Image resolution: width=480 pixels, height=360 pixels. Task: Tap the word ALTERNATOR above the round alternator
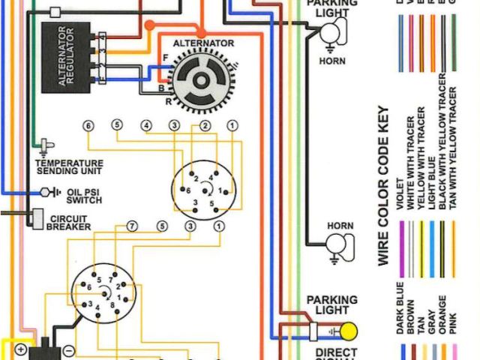tap(203, 43)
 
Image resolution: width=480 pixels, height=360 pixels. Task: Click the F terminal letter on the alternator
tap(165, 58)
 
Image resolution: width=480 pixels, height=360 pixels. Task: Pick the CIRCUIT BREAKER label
tap(70, 223)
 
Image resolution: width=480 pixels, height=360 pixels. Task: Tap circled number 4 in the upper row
tap(146, 125)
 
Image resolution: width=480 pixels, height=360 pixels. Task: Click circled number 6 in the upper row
tap(88, 125)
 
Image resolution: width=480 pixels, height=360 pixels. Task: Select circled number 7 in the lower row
tap(132, 226)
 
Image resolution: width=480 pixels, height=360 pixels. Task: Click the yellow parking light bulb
tap(349, 331)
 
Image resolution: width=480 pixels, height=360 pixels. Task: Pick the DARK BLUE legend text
tap(399, 308)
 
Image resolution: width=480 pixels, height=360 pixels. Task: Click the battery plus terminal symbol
tap(20, 349)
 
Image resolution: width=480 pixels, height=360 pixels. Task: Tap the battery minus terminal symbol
tap(68, 349)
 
